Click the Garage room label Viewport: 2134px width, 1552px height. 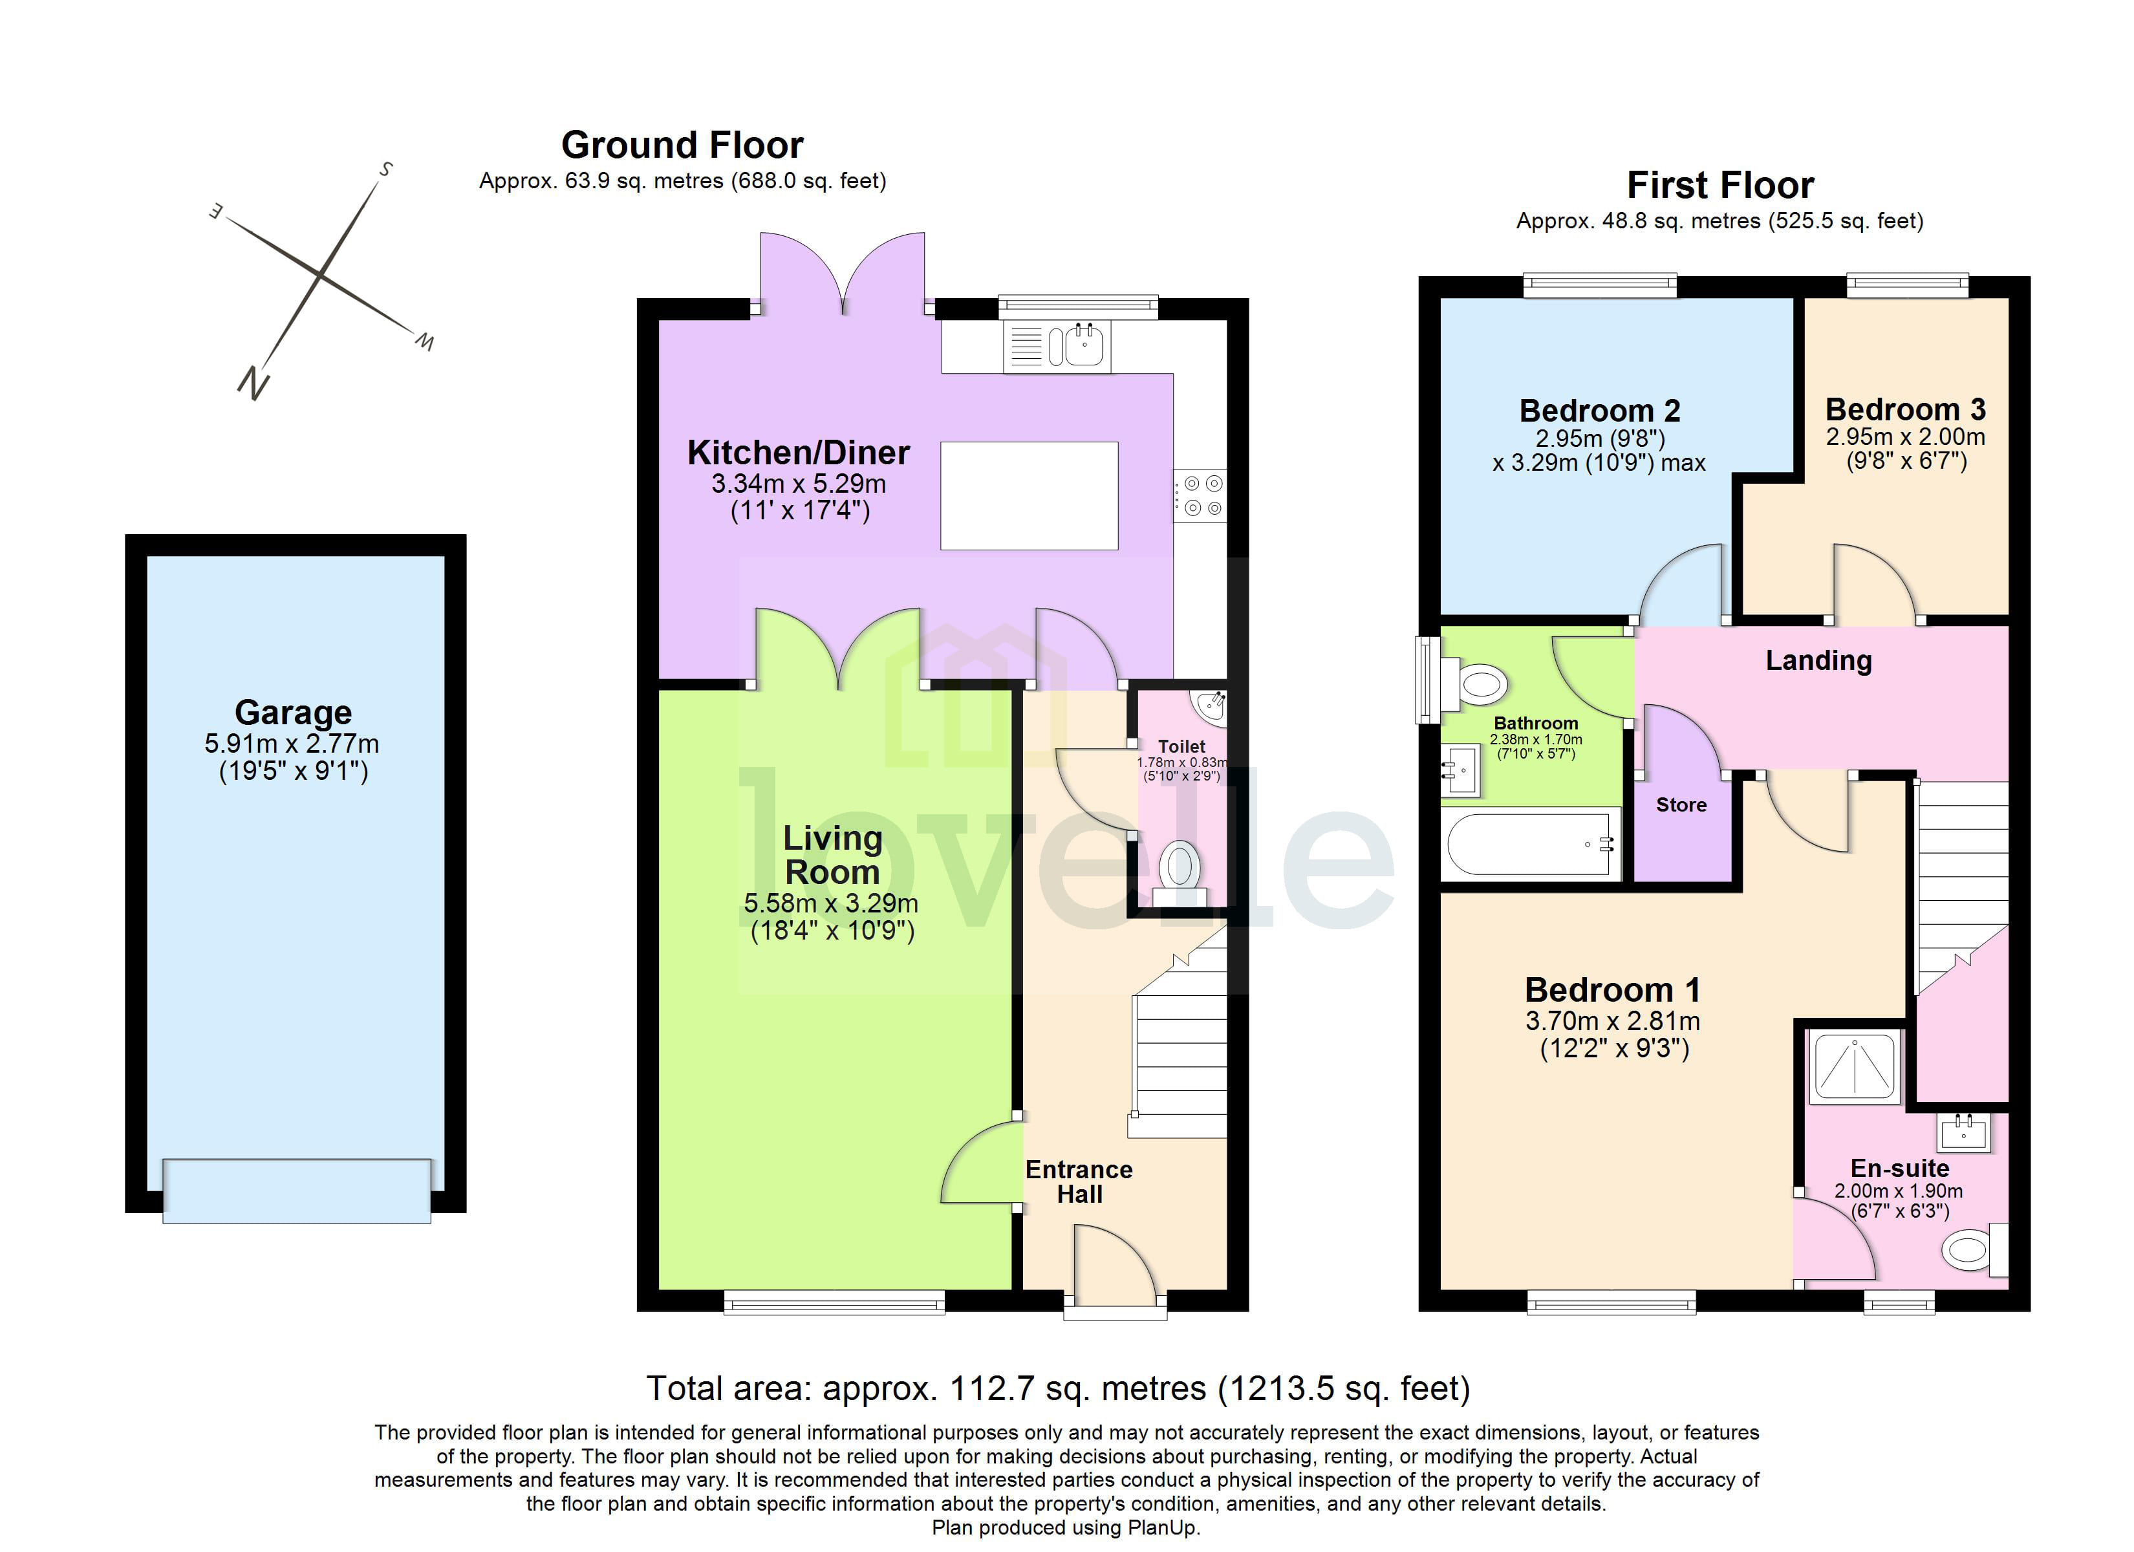pyautogui.click(x=293, y=713)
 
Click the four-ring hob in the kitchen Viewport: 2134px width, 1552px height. pyautogui.click(x=1202, y=495)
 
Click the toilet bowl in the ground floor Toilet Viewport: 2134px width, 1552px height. pyautogui.click(x=1179, y=865)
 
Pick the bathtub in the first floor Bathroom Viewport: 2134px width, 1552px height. pyautogui.click(x=1528, y=845)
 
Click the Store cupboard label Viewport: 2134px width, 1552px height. pyautogui.click(x=1681, y=804)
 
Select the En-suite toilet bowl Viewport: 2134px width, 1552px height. pyautogui.click(x=1967, y=1251)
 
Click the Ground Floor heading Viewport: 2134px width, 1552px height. pyautogui.click(x=682, y=145)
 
